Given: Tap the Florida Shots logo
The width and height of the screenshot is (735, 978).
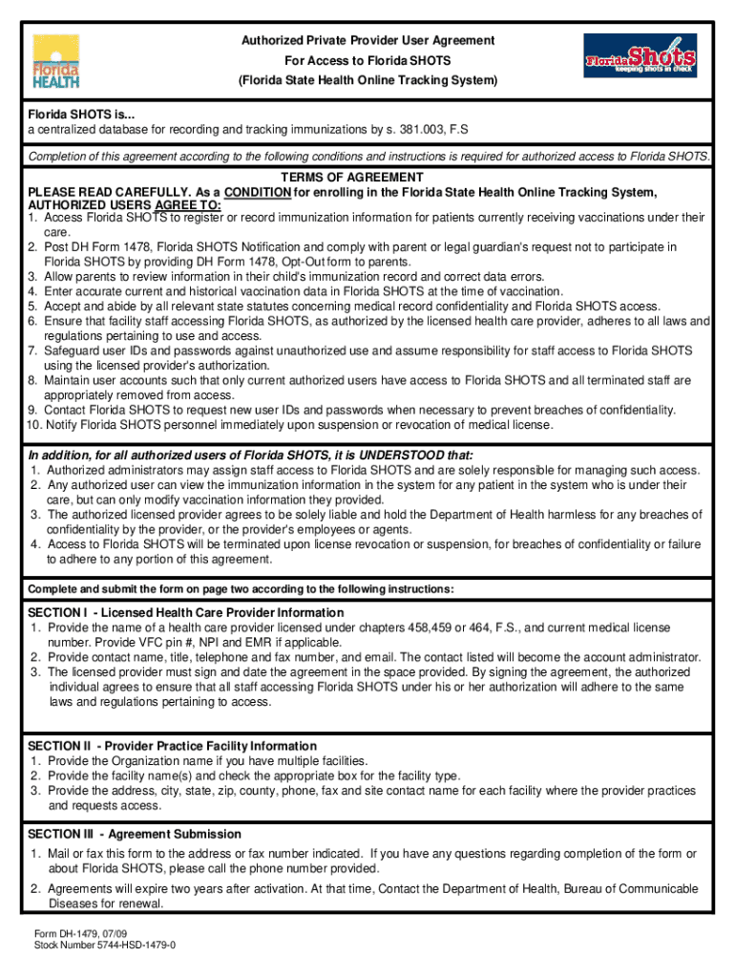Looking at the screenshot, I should (x=640, y=56).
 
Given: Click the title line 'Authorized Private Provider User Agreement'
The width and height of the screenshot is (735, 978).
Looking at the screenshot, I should (x=367, y=40).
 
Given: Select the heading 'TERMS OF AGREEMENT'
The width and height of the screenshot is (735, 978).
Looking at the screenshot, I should (x=352, y=178).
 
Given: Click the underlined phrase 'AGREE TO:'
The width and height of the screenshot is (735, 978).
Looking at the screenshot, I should (x=188, y=205).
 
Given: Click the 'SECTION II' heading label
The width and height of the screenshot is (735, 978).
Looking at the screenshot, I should (x=59, y=746).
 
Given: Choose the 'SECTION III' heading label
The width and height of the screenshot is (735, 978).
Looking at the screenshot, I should (x=61, y=834).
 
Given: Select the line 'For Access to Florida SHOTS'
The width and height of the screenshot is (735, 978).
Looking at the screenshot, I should (x=367, y=61).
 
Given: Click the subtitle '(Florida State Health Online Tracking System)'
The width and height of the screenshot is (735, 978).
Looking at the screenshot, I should (x=367, y=81).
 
